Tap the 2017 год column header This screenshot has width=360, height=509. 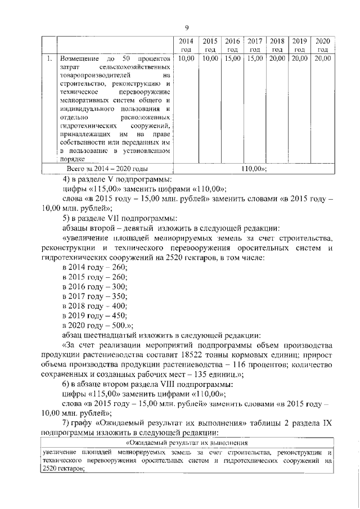[255, 45]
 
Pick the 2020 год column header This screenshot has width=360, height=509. [322, 45]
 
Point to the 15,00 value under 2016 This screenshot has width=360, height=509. [232, 58]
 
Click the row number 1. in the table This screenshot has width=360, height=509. [49, 58]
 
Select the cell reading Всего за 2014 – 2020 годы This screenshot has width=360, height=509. [107, 168]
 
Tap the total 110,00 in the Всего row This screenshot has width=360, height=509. [253, 168]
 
